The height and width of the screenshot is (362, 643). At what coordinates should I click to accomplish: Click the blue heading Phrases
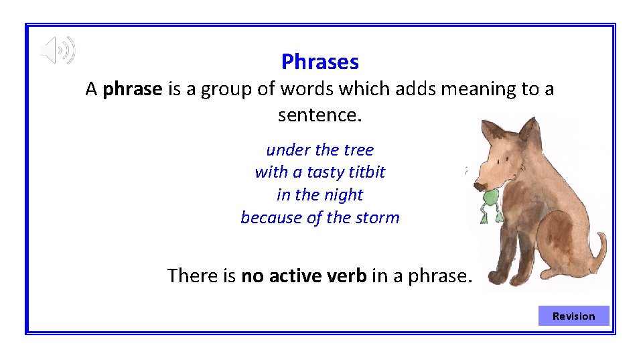(320, 62)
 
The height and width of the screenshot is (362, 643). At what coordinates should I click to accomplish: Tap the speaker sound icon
(58, 51)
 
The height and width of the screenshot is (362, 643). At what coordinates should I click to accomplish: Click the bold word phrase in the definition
(133, 89)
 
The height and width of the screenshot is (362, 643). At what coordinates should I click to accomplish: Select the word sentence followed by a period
(319, 115)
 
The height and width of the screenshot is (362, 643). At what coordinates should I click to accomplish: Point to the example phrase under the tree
(320, 149)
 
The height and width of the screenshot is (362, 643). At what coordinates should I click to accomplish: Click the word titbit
(367, 172)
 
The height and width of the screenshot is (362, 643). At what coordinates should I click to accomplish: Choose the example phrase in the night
(320, 195)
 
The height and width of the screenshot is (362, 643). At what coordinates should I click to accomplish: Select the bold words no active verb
(303, 276)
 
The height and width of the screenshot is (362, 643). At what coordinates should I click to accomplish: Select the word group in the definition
(230, 89)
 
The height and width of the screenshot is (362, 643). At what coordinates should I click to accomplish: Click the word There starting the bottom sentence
(190, 276)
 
